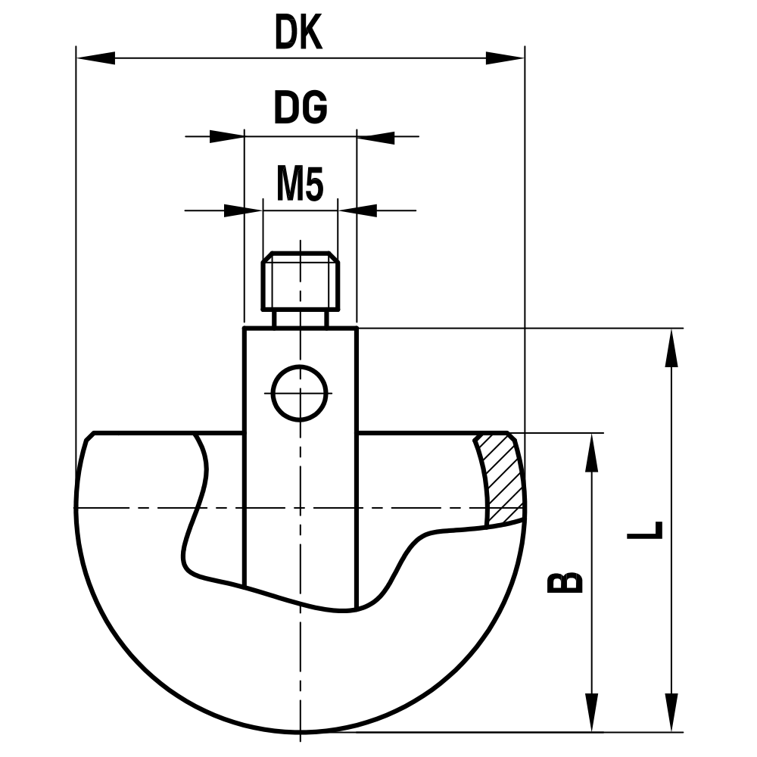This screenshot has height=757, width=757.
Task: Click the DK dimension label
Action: click(299, 34)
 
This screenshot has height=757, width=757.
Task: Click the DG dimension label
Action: click(300, 109)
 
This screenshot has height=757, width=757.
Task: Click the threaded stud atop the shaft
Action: click(301, 282)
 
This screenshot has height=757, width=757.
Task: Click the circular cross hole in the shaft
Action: click(300, 393)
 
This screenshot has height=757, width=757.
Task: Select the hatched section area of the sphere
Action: click(502, 480)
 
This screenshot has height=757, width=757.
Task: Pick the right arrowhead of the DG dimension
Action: click(375, 137)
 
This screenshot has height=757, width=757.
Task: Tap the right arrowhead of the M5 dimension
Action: click(357, 210)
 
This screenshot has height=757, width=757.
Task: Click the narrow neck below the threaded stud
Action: click(301, 319)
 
